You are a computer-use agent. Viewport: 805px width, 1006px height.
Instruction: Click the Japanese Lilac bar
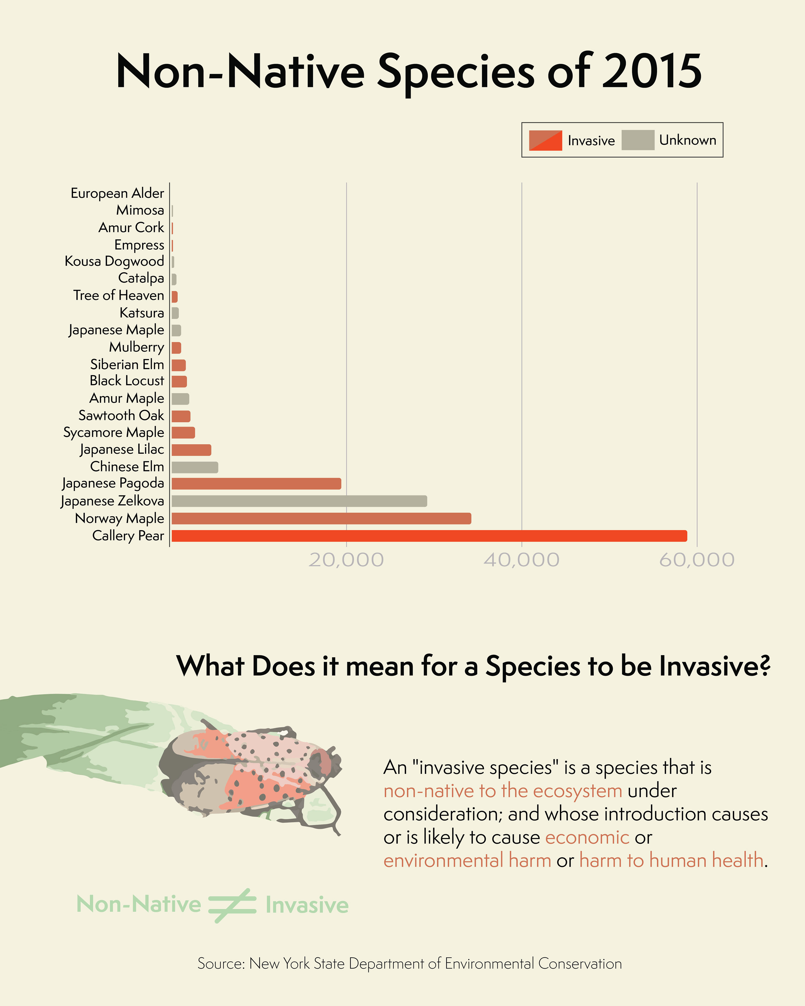[x=191, y=450]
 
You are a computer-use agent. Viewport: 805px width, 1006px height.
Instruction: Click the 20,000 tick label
[x=346, y=560]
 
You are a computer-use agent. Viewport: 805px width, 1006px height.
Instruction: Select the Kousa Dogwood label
[x=114, y=261]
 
